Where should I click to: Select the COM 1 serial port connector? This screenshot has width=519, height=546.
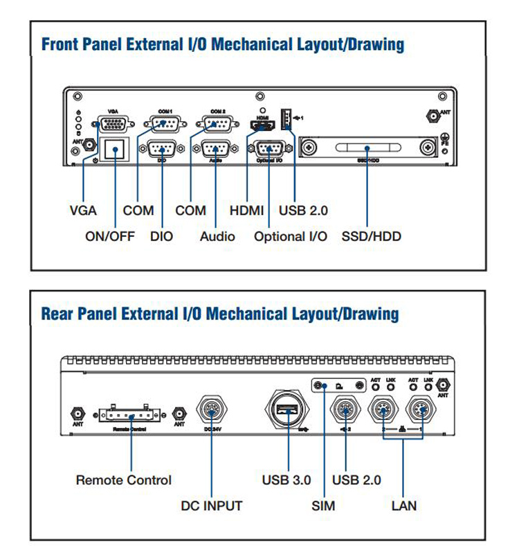(x=162, y=125)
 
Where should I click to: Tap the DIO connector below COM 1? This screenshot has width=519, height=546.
(x=162, y=148)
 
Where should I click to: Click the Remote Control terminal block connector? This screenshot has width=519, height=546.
(x=131, y=413)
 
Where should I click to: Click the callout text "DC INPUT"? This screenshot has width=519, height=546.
(x=212, y=506)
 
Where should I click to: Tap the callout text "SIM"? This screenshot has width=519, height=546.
(x=323, y=506)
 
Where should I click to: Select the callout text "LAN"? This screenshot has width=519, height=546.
(x=404, y=506)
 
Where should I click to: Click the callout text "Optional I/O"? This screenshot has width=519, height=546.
(x=290, y=236)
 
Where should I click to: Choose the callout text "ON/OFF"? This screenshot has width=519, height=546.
(x=110, y=236)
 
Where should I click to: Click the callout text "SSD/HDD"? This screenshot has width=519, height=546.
(x=372, y=236)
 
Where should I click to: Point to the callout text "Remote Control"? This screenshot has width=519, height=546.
(x=124, y=479)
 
